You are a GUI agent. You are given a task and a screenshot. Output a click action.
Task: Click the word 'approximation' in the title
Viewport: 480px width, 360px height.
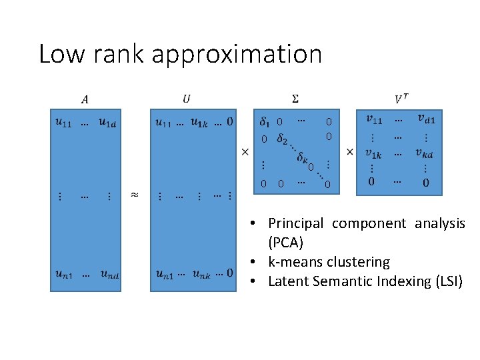tap(237, 55)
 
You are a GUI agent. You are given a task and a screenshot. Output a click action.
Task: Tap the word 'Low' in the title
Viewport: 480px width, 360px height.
tap(61, 53)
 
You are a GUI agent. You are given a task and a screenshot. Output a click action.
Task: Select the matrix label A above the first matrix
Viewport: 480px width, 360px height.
tap(84, 100)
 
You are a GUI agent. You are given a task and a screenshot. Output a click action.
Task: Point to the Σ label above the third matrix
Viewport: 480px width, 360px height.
tap(295, 99)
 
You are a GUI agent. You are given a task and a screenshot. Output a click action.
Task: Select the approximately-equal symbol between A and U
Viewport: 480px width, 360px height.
tap(134, 195)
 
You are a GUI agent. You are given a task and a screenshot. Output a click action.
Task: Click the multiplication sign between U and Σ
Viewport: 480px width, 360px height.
tap(244, 153)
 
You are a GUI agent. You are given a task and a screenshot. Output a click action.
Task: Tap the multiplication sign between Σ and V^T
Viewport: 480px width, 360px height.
tap(349, 153)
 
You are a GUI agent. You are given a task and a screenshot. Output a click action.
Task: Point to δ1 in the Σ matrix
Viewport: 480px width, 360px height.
tap(265, 122)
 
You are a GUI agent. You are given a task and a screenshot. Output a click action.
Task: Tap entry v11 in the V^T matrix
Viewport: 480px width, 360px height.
tap(375, 119)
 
